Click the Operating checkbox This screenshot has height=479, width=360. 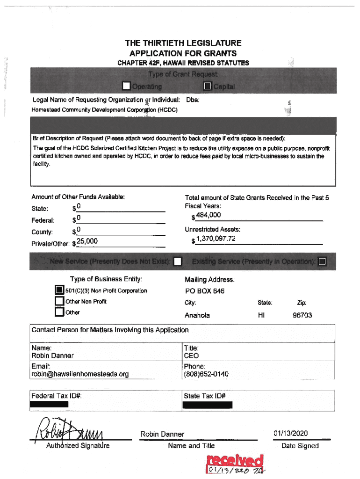click(126, 86)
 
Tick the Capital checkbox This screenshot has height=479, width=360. click(208, 86)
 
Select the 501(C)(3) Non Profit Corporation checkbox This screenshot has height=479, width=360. click(59, 290)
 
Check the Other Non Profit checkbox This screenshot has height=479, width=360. click(59, 301)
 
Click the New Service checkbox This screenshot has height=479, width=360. click(177, 261)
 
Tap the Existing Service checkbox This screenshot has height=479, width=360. click(322, 261)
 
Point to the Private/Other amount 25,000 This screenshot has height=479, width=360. click(87, 241)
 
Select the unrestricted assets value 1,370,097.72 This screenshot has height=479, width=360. click(216, 239)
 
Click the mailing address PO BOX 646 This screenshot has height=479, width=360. click(205, 291)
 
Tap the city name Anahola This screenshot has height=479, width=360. click(197, 315)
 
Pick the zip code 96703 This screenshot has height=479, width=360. click(302, 315)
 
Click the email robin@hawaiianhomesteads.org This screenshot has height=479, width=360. click(80, 374)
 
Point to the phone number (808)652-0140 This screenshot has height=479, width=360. click(206, 374)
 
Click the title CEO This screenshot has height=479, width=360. click(191, 356)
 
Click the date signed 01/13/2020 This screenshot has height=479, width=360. click(296, 434)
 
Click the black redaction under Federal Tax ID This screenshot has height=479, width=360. click(50, 405)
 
